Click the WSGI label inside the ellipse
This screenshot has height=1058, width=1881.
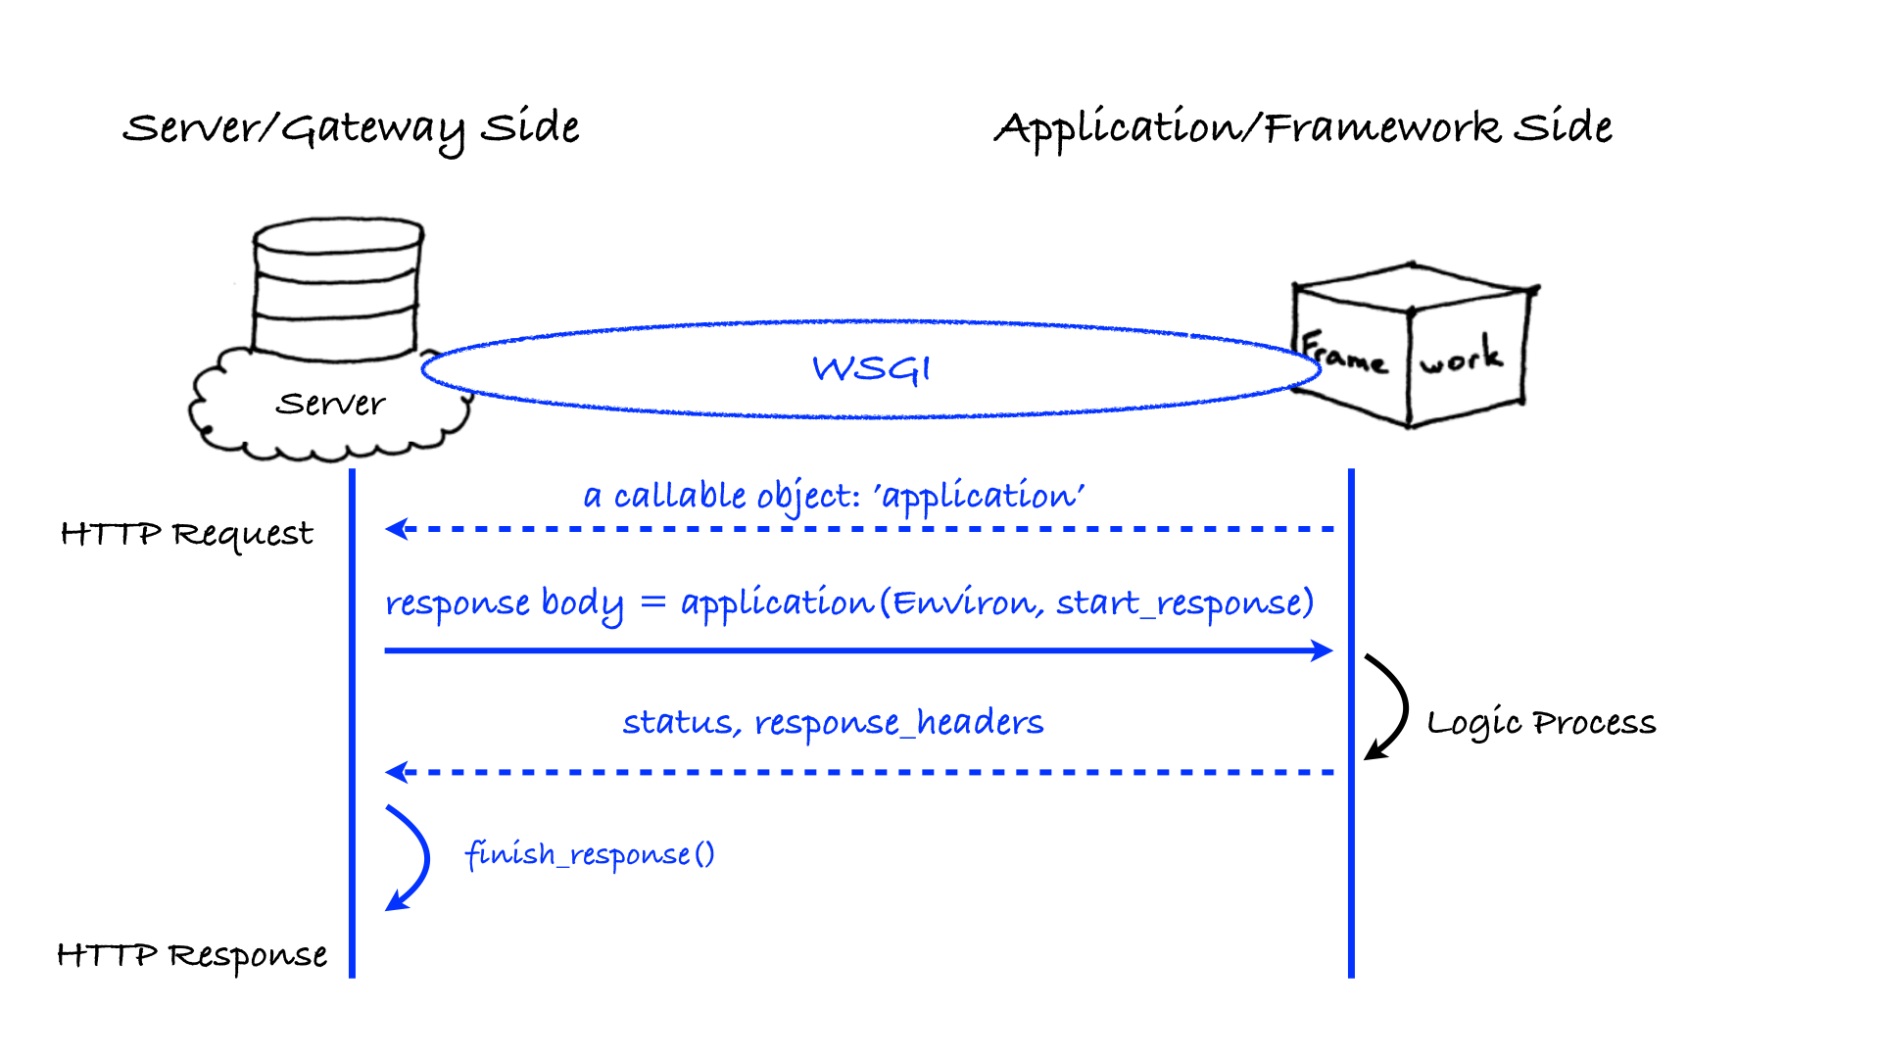point(871,369)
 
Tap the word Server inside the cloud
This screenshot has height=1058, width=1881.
point(330,404)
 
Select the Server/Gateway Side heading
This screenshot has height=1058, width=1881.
point(351,128)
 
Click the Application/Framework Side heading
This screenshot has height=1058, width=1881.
point(1303,128)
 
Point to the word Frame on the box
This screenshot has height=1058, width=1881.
point(1344,355)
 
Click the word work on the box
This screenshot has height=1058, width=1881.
point(1461,357)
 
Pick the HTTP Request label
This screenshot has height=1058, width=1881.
point(186,534)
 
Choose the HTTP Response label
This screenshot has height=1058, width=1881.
point(192,955)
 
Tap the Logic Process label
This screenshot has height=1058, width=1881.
point(1541,723)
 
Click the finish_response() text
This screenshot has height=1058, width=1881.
point(590,854)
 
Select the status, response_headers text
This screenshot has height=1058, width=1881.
point(833,723)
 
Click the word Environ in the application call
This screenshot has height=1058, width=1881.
point(964,603)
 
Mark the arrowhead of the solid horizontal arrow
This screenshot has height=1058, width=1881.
point(1323,650)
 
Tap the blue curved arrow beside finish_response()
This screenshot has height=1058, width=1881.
point(411,858)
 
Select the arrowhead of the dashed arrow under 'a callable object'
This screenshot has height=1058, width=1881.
point(397,529)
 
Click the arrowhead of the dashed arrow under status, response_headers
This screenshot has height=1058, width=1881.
point(397,772)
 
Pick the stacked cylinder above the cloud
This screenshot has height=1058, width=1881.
point(337,289)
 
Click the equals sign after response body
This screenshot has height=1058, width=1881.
point(652,601)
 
